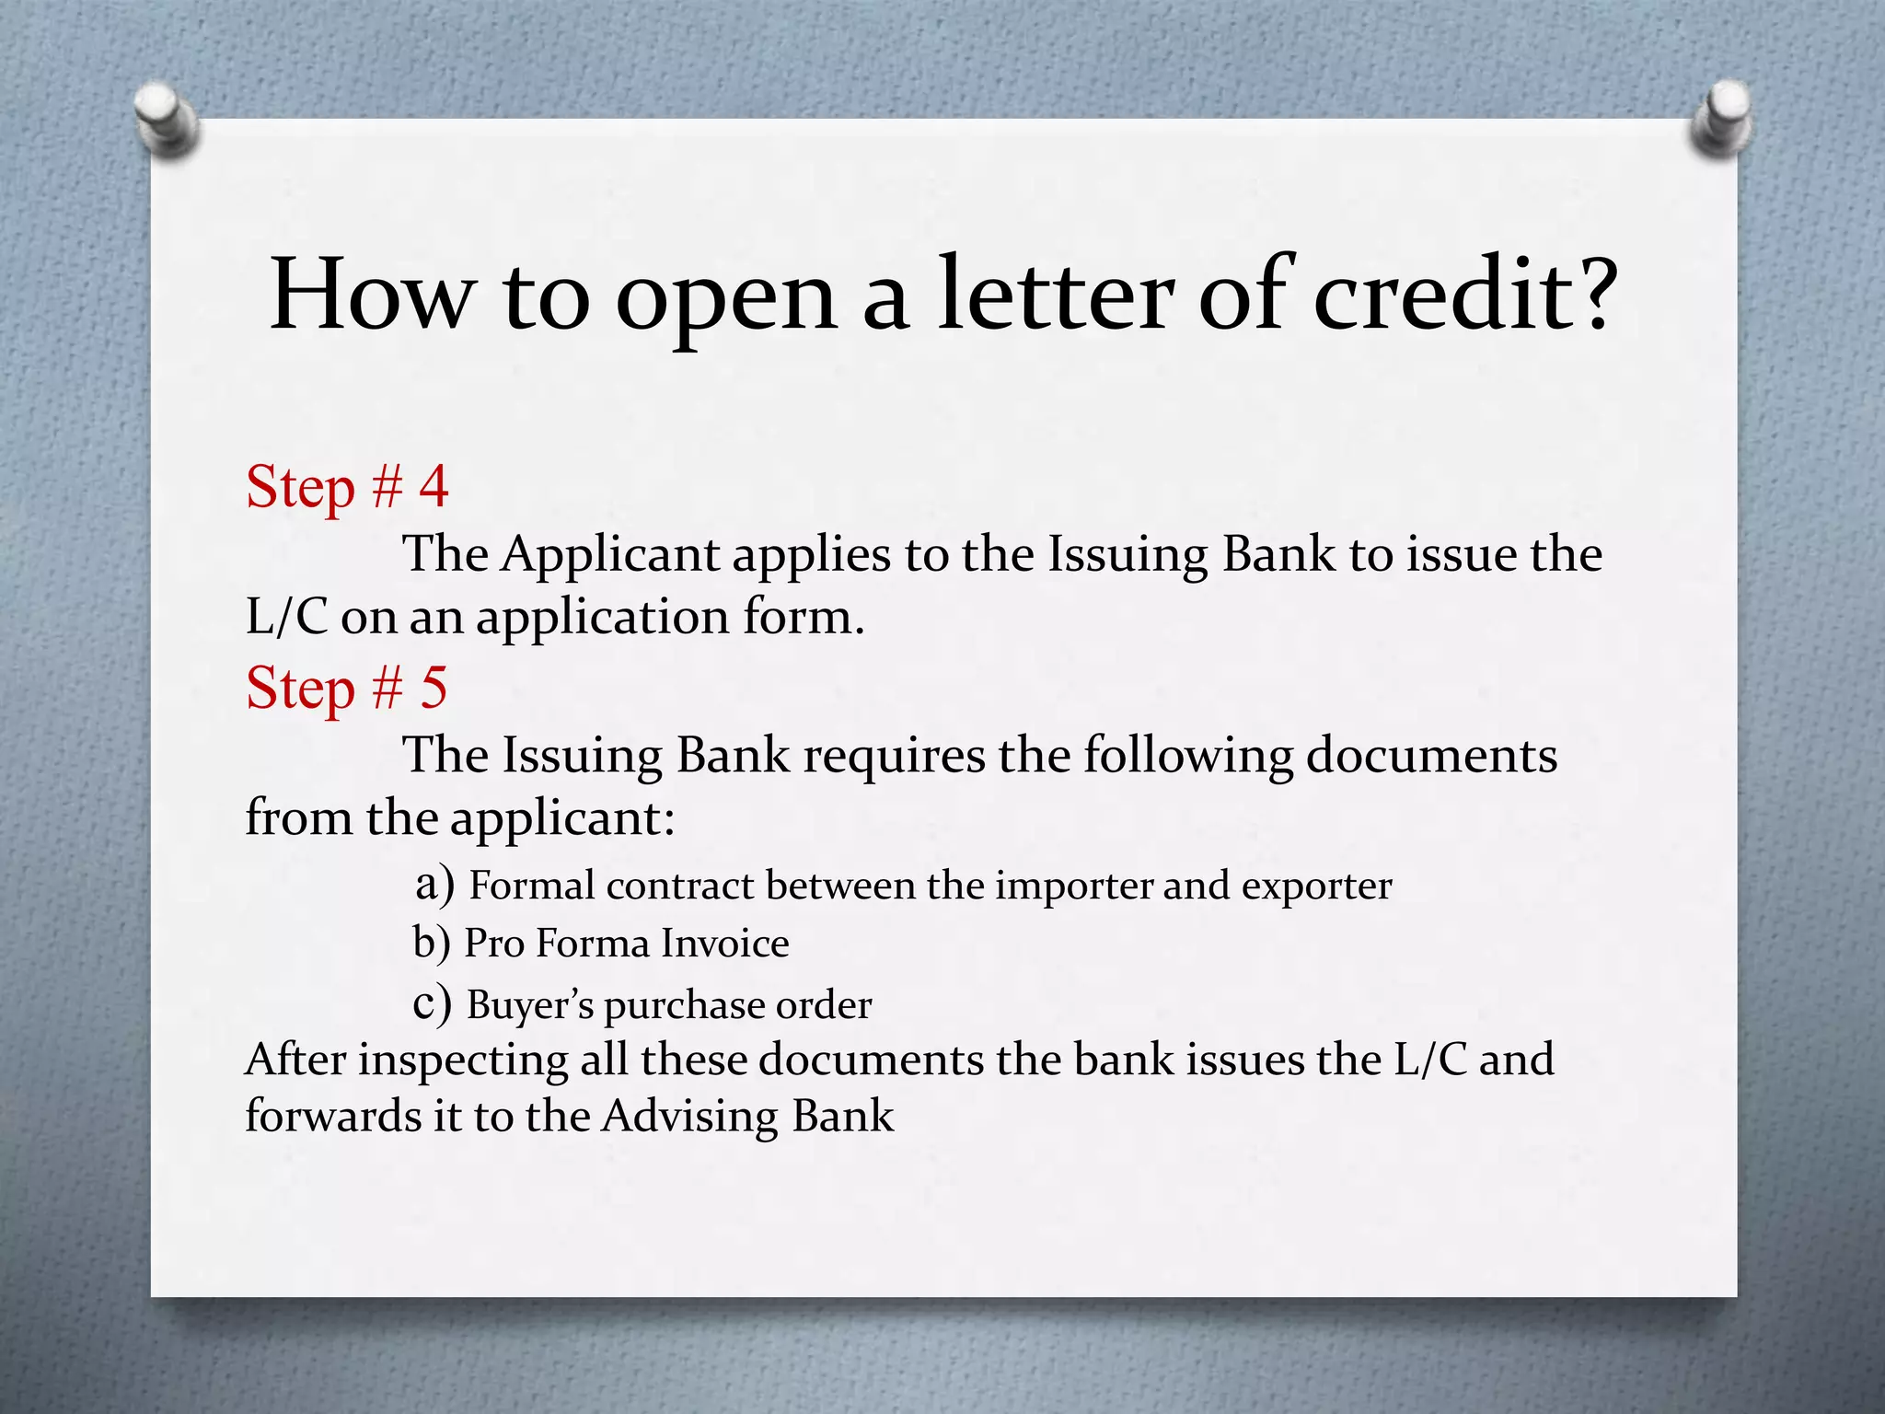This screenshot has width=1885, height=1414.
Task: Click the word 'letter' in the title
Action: (x=1056, y=295)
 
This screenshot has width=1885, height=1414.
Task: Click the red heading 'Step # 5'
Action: (x=347, y=688)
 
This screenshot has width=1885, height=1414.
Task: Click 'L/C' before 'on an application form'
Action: (x=286, y=617)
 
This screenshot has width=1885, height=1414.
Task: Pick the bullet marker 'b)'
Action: (x=432, y=943)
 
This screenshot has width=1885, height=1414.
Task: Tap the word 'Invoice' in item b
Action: (x=724, y=944)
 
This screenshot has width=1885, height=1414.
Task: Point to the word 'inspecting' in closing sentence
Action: (x=463, y=1061)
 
